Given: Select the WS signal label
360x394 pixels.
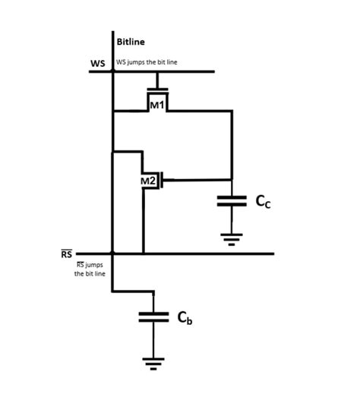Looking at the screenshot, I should (98, 63).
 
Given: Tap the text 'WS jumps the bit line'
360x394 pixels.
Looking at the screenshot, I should (147, 62).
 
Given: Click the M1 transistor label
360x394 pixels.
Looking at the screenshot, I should (156, 105).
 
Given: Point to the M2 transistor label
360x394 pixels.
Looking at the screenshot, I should (149, 181).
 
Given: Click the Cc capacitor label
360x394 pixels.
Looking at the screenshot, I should (262, 201).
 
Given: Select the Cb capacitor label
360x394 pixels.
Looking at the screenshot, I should (185, 318).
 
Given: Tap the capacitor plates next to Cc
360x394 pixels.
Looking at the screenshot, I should (232, 201).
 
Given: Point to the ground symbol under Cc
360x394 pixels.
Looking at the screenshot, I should (232, 240).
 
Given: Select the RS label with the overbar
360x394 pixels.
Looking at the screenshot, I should (67, 254).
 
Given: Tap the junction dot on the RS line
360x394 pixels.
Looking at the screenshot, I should (112, 254).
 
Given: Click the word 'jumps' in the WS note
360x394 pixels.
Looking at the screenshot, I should (139, 62).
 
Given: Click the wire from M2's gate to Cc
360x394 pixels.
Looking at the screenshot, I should (197, 180).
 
